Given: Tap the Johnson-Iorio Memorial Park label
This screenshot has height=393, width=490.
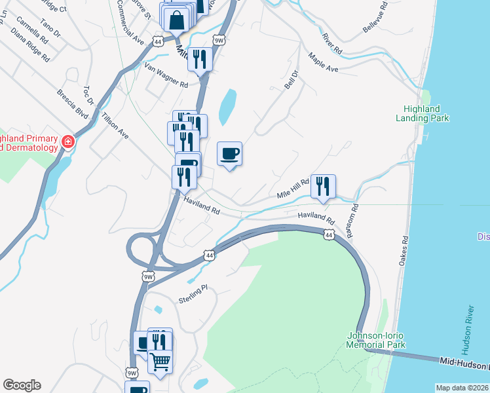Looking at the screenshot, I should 376,341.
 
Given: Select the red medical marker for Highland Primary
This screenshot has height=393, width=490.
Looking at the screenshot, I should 67,142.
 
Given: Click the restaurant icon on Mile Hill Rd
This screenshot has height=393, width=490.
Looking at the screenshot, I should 323,186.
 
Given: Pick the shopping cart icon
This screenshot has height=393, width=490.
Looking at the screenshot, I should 160,361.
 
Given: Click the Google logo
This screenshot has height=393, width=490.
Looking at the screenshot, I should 22,385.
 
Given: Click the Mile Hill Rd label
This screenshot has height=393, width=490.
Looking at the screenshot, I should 292,189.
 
